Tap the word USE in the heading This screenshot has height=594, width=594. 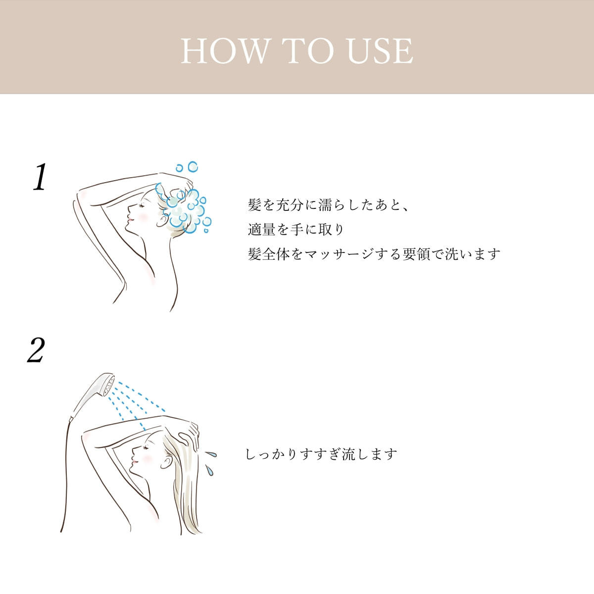(380, 51)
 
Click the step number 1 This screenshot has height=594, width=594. (40, 177)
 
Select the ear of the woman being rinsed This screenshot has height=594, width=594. (165, 461)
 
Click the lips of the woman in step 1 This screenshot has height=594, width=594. (131, 219)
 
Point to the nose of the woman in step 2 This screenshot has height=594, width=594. (134, 454)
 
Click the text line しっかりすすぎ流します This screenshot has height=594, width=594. (321, 454)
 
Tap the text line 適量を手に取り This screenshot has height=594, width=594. (296, 229)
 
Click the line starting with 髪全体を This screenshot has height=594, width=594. (374, 254)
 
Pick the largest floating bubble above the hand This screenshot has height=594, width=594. (193, 166)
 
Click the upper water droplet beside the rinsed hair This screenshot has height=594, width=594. (211, 454)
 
